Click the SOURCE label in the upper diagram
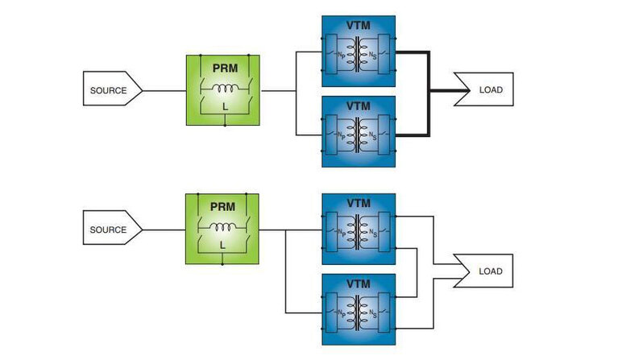(x=108, y=90)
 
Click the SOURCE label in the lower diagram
(x=108, y=230)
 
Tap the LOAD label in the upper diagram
(x=491, y=89)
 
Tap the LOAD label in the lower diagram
(x=491, y=271)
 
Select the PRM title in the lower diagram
(x=222, y=206)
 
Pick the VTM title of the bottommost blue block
(x=359, y=284)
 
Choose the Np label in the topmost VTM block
(x=342, y=56)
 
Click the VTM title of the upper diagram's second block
(x=359, y=106)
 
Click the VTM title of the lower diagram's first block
(x=359, y=203)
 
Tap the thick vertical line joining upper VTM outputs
(x=429, y=90)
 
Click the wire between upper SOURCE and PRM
(x=164, y=90)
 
